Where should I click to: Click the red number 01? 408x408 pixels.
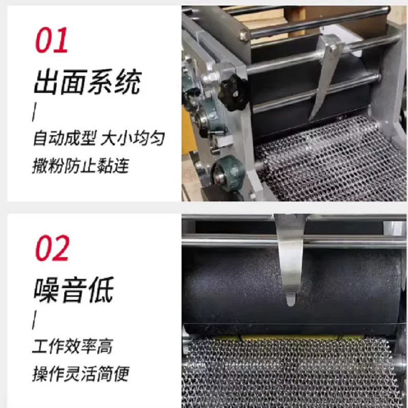pyautogui.click(x=52, y=41)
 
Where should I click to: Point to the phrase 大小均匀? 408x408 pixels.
pyautogui.click(x=134, y=139)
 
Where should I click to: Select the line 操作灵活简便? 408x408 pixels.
pyautogui.click(x=80, y=374)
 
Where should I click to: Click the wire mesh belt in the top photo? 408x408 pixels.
pyautogui.click(x=326, y=163)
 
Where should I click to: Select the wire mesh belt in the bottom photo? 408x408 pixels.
pyautogui.click(x=291, y=372)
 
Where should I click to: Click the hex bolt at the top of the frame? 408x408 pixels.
pyautogui.click(x=244, y=36)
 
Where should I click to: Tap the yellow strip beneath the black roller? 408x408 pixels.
pyautogui.click(x=286, y=338)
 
